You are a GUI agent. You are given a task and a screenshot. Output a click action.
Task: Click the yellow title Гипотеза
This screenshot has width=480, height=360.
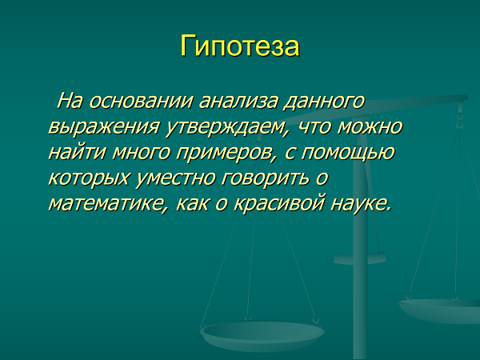pyautogui.click(x=240, y=46)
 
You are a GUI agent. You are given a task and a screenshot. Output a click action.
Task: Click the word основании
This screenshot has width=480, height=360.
pyautogui.click(x=141, y=101)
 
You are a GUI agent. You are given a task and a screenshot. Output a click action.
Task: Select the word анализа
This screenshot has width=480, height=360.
pyautogui.click(x=238, y=101)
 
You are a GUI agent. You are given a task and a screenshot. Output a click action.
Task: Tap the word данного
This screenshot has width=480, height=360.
pyautogui.click(x=325, y=102)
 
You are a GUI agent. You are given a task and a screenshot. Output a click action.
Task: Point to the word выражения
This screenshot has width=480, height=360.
pyautogui.click(x=103, y=127)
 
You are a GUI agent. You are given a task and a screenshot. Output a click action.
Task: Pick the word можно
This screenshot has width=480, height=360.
pyautogui.click(x=370, y=126)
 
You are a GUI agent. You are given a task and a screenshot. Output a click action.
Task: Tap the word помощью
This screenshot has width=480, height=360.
pyautogui.click(x=347, y=152)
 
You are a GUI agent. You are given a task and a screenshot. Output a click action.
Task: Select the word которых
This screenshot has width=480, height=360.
pyautogui.click(x=89, y=178)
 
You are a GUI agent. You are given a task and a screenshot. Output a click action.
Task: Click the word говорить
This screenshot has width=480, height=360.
pyautogui.click(x=266, y=178)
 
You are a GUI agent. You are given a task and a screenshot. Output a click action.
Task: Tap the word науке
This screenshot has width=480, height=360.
pyautogui.click(x=361, y=203)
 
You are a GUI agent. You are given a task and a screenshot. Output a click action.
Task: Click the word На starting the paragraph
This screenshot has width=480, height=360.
pyautogui.click(x=70, y=101)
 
